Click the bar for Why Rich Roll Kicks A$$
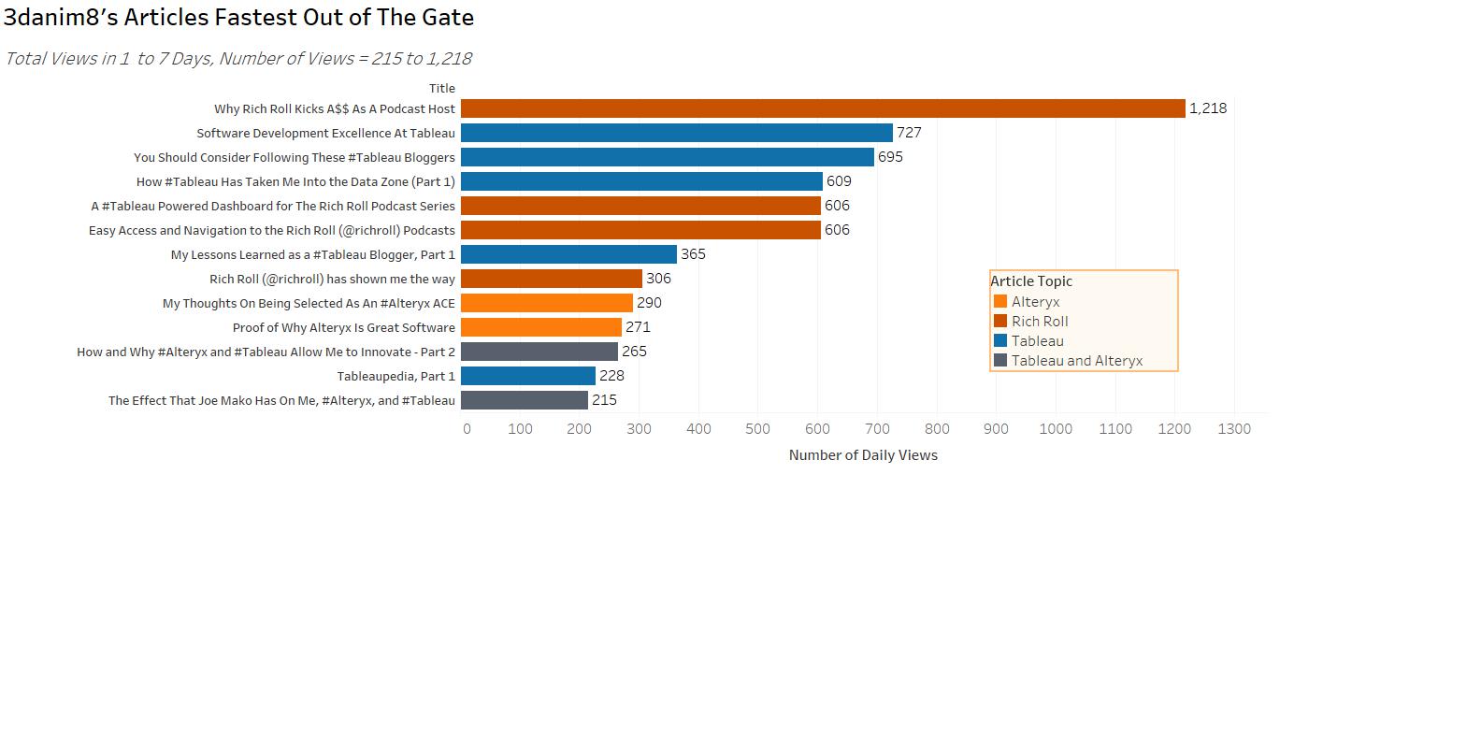[823, 108]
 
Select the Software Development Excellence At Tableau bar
[677, 133]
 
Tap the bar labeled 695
[668, 157]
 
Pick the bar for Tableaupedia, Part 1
[528, 376]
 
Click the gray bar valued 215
[525, 400]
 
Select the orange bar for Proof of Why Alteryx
[541, 327]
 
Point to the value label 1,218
[1208, 108]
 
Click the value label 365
[693, 254]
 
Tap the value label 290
[649, 303]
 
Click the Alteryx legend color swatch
[1000, 301]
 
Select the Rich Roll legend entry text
[1040, 322]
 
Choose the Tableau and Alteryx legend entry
[1076, 361]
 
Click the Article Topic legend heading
[1031, 281]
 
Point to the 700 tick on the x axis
[877, 429]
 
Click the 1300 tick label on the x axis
[1234, 429]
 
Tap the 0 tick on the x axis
[467, 429]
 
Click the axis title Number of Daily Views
[863, 455]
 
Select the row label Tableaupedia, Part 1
[395, 376]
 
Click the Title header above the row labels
[442, 89]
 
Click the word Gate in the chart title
[448, 18]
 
